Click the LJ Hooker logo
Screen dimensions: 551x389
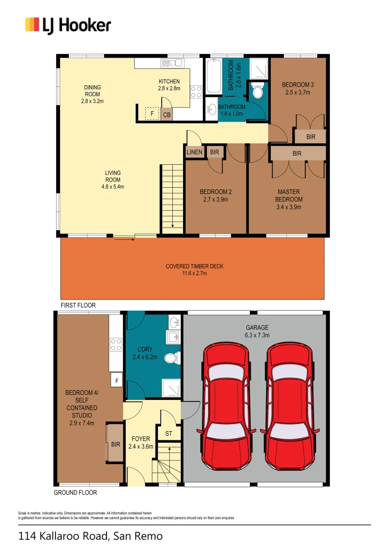click(x=68, y=24)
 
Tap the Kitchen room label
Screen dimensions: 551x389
click(x=169, y=85)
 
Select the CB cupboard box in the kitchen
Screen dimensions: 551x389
click(x=167, y=115)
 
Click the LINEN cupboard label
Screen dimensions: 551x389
click(x=194, y=152)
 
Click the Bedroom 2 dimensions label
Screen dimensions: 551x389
click(x=216, y=199)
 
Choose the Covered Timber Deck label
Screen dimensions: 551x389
click(x=194, y=270)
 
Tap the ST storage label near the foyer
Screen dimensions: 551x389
click(x=169, y=434)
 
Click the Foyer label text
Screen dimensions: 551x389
click(x=141, y=442)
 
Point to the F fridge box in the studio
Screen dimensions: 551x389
click(x=117, y=380)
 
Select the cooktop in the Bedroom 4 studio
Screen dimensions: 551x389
click(x=116, y=345)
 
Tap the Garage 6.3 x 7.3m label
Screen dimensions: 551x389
click(x=256, y=331)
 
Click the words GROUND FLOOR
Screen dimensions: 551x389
click(x=75, y=493)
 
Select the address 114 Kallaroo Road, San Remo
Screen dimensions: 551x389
click(x=91, y=536)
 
